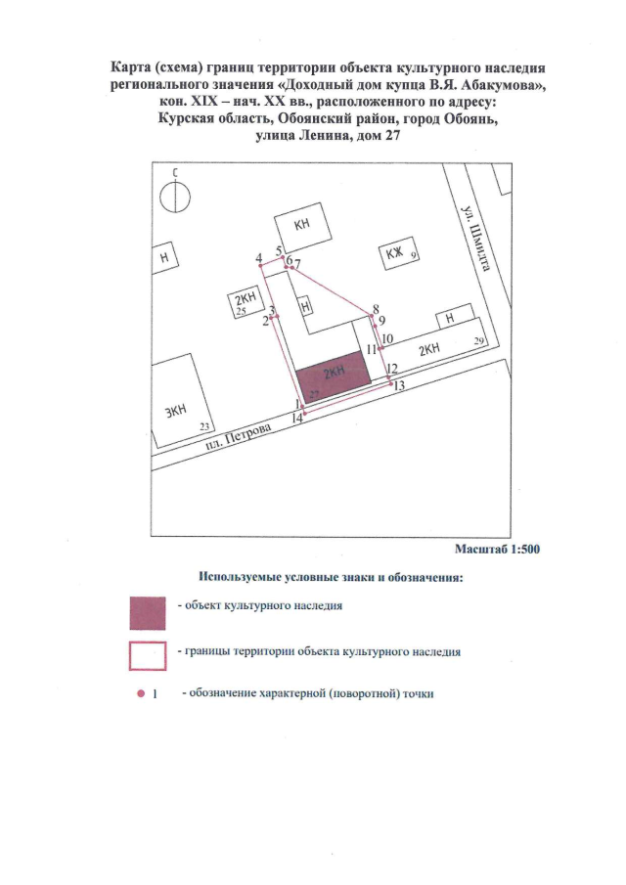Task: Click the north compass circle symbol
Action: coord(175,197)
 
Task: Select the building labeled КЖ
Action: coord(398,255)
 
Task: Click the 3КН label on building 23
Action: coord(175,411)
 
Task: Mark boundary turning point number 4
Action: coord(262,266)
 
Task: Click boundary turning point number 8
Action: coord(371,316)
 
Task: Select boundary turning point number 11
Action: coord(380,348)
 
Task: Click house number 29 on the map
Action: coord(479,341)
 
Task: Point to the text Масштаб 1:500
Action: coord(497,550)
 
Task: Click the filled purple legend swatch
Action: coord(148,613)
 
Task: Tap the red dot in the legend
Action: coord(141,693)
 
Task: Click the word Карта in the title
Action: coord(127,68)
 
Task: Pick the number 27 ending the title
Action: coord(392,136)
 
